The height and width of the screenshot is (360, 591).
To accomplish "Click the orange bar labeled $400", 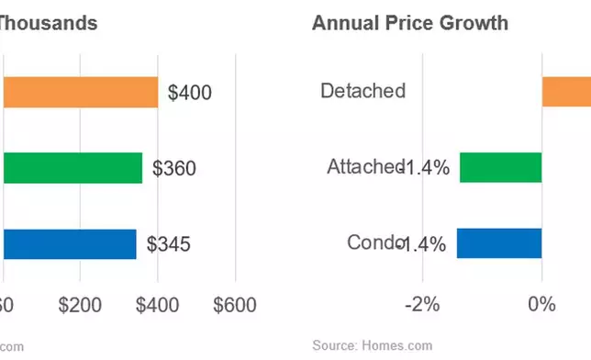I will [x=81, y=92].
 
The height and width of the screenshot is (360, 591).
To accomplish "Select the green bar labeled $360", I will [x=73, y=168].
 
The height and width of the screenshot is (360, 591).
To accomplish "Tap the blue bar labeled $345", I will [x=70, y=244].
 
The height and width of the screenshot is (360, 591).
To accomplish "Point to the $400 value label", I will [x=190, y=92].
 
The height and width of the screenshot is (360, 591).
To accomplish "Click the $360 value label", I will [x=174, y=169].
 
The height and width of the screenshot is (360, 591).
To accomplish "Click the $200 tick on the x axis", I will [x=81, y=304].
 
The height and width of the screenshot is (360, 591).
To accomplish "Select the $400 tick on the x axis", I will [x=158, y=304].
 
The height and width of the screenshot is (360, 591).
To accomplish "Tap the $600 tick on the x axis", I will [x=235, y=304].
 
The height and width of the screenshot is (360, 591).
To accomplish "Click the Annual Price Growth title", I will [x=409, y=23].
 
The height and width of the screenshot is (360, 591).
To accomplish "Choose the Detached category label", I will [x=362, y=90].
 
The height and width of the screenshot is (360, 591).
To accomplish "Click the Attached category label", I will [x=364, y=166].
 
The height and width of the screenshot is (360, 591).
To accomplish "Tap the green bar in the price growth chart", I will [x=500, y=168].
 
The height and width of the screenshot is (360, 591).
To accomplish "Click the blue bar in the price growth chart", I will [x=499, y=243].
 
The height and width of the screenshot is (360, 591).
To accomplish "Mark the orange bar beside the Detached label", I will [x=566, y=92].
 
